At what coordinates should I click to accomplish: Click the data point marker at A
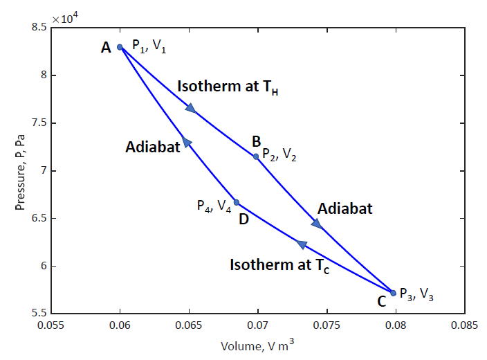point(120,47)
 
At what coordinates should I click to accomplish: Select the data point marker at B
point(256,156)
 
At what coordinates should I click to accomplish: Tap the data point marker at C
point(394,293)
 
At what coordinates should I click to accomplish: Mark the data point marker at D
point(237,202)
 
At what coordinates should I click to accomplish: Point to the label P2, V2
point(279,156)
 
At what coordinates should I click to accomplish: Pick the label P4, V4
point(214,206)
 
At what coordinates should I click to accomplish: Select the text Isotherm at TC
point(279,265)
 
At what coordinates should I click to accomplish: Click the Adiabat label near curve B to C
point(344,208)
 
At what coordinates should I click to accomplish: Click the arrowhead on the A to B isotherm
point(190,107)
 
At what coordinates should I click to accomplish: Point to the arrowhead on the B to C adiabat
point(317,223)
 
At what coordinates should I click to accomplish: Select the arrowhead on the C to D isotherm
point(301,244)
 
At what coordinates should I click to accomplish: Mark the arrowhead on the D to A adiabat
point(186,142)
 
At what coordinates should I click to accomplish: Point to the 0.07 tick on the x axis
point(258,324)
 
